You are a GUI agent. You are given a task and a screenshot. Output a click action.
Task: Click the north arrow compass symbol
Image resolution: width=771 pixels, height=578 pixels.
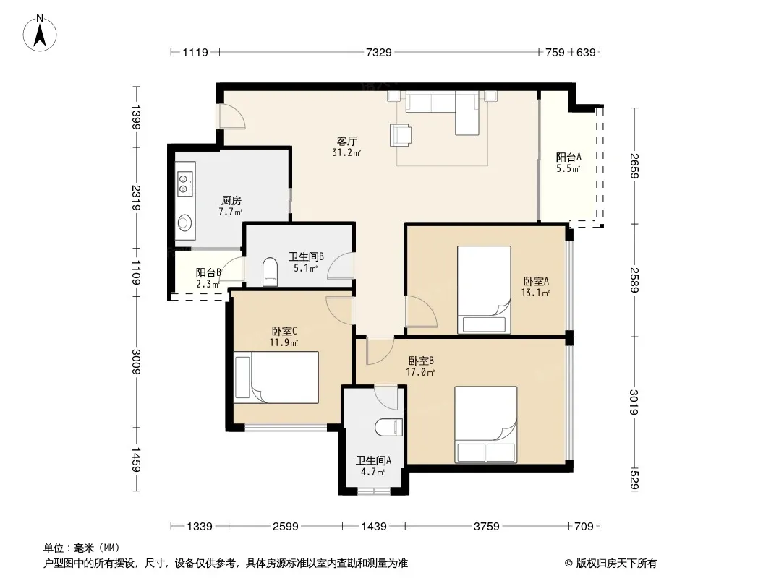40,33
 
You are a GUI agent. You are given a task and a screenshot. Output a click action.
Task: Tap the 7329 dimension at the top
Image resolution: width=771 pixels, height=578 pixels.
378,52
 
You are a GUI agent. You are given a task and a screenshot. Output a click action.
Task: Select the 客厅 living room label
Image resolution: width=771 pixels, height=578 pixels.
346,141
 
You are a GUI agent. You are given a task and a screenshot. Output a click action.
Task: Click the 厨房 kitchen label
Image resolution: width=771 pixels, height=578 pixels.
231,200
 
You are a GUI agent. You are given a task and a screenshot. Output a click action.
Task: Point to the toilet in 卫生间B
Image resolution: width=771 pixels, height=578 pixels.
270,272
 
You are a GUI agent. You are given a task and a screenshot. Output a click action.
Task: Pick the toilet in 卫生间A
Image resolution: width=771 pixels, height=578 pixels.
389,427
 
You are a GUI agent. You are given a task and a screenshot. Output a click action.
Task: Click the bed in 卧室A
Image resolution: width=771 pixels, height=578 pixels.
484,290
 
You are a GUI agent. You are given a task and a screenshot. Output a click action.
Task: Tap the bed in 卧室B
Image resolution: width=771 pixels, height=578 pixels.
485,424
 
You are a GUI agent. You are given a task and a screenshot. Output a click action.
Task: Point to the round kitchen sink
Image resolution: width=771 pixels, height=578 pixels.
184,223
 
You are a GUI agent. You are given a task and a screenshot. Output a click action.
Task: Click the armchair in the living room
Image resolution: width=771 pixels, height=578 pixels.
401,135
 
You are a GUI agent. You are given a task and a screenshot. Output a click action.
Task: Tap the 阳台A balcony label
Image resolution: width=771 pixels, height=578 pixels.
568,158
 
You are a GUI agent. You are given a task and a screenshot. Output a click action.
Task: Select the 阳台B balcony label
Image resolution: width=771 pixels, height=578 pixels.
208,272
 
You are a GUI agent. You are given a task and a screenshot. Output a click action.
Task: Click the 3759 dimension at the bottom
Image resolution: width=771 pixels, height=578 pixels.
486,527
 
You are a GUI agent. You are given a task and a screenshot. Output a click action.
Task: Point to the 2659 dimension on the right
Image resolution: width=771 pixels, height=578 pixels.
634,166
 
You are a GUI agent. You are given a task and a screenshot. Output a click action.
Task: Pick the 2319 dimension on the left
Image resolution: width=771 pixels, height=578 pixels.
136,197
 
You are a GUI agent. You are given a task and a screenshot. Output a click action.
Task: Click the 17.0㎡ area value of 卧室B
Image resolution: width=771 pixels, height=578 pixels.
420,372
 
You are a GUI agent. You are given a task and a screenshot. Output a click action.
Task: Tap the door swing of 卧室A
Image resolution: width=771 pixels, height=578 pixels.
421,311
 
